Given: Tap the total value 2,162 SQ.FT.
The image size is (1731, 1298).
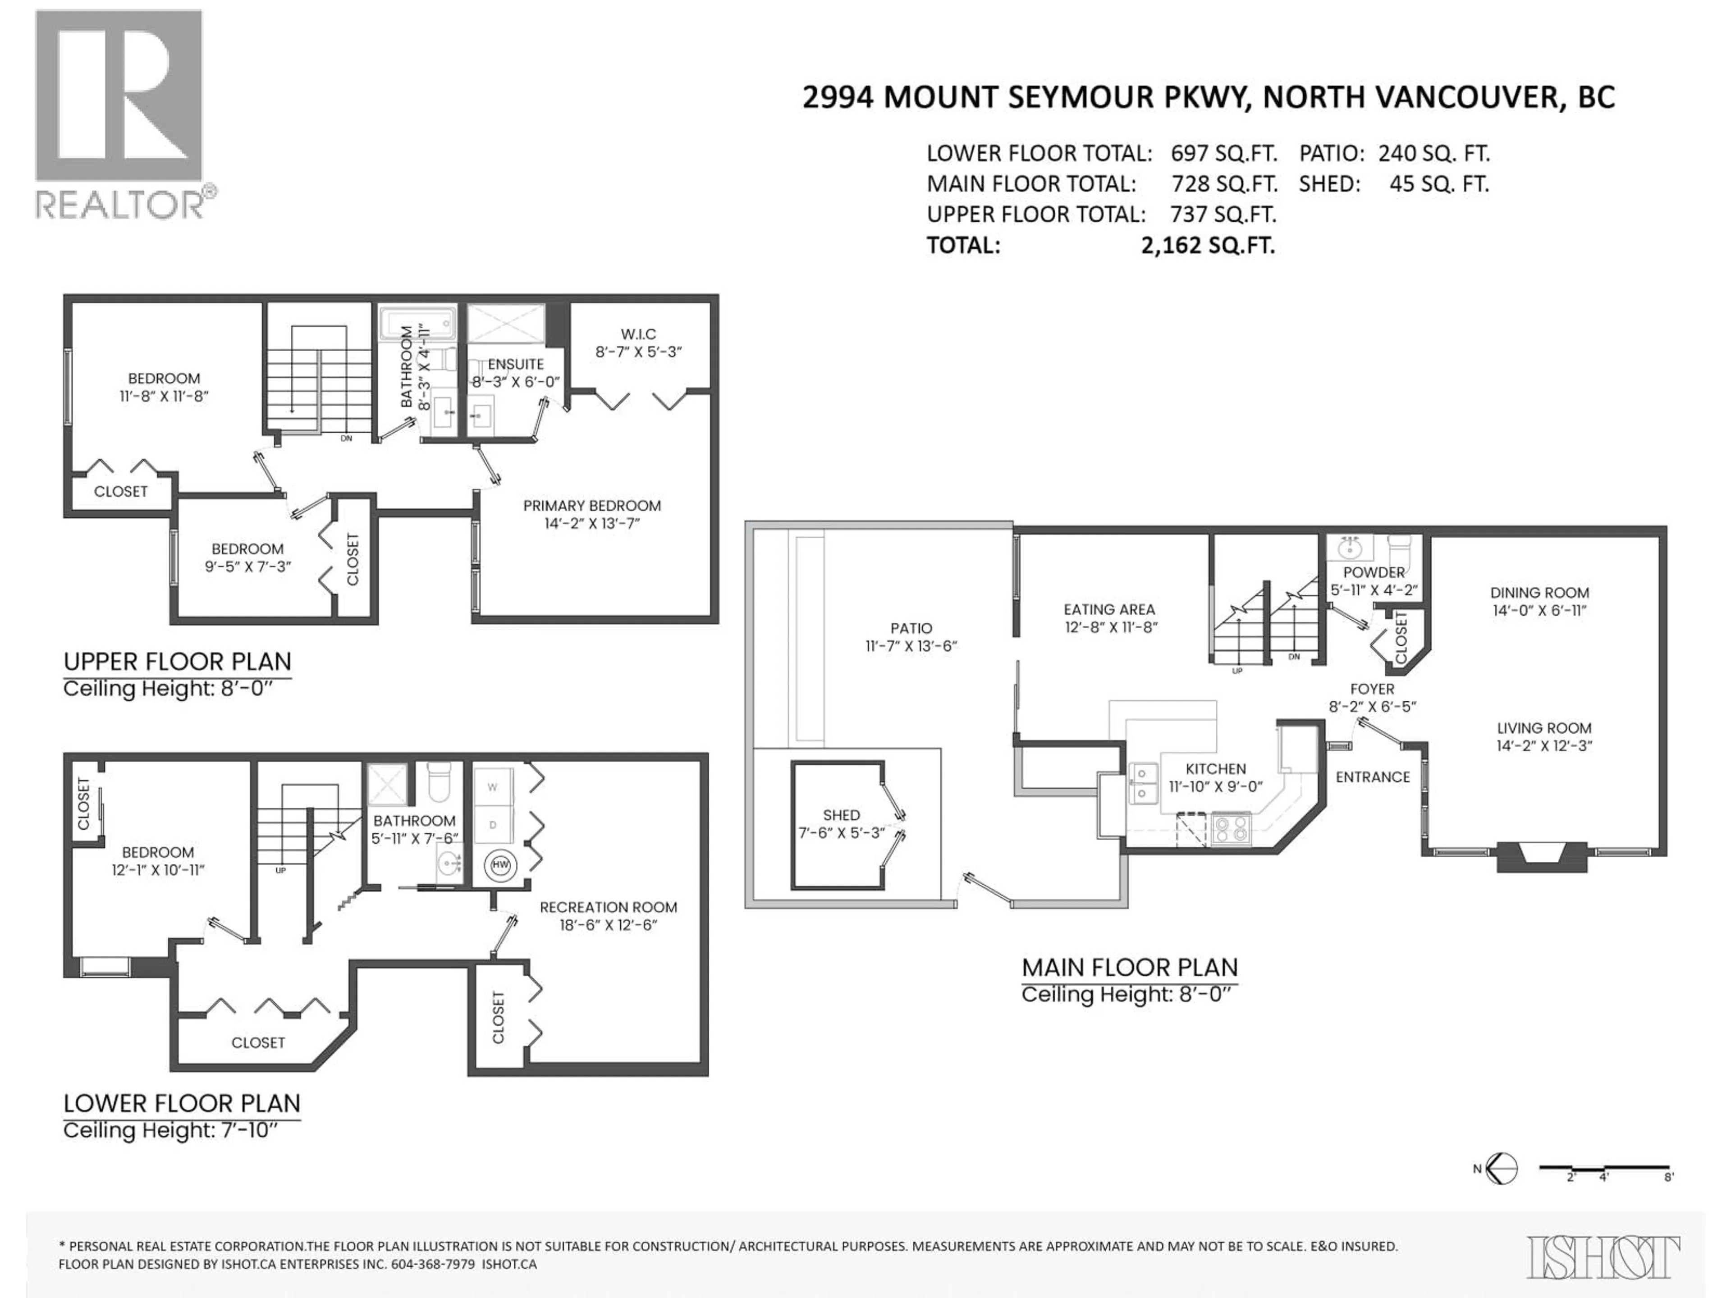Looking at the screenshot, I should pyautogui.click(x=1208, y=246).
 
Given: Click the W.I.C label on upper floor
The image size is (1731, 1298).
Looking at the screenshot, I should pyautogui.click(x=639, y=334).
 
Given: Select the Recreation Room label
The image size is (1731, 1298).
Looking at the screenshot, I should pyautogui.click(x=608, y=908).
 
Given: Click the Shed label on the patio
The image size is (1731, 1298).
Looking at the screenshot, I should pyautogui.click(x=841, y=815).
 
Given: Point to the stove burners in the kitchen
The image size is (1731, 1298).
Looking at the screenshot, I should pyautogui.click(x=1231, y=828).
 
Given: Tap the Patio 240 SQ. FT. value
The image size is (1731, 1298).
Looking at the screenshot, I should pyautogui.click(x=1433, y=153).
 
